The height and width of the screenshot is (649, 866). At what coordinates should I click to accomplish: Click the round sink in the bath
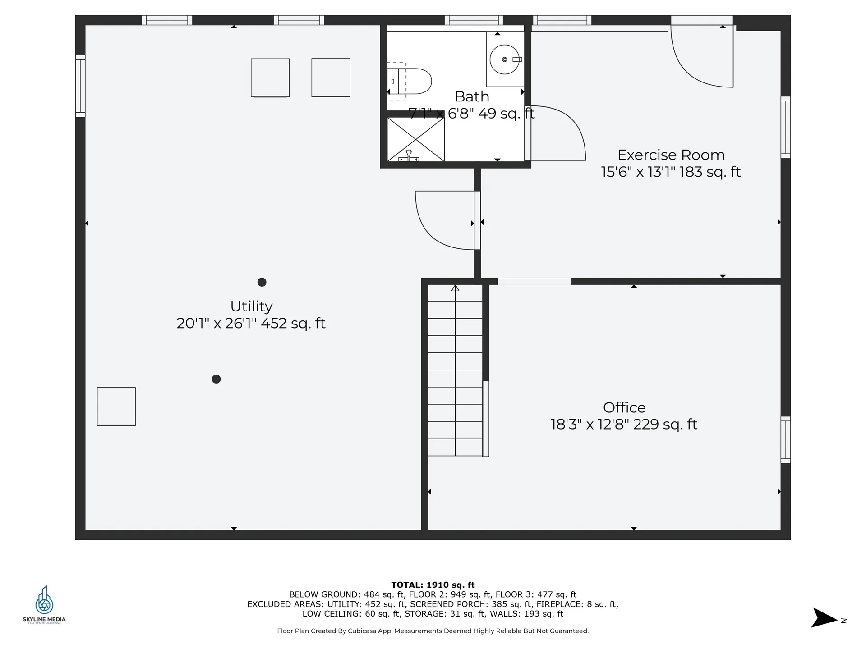(x=504, y=59)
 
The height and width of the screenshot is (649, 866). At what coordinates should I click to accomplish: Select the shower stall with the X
(x=416, y=139)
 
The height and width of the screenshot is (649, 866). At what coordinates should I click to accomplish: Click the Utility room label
(x=251, y=306)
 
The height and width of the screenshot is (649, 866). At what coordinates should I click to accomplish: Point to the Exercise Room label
(x=671, y=155)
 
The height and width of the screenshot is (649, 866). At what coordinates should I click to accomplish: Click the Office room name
(x=624, y=407)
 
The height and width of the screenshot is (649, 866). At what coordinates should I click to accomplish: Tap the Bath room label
(x=472, y=96)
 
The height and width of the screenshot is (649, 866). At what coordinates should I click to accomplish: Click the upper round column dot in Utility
(x=262, y=282)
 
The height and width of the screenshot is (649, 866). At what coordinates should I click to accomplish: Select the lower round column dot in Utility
(x=216, y=379)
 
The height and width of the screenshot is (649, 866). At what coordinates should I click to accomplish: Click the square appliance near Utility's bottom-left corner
(x=116, y=407)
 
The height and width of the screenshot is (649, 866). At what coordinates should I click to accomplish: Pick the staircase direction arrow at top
(x=455, y=288)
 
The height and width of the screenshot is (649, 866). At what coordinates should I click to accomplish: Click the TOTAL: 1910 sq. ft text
(x=433, y=585)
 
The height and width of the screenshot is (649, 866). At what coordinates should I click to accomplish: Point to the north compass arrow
(x=824, y=618)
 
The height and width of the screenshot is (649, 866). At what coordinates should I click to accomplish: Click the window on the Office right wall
(x=785, y=440)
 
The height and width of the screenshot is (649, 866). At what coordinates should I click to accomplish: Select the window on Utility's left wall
(x=80, y=86)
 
